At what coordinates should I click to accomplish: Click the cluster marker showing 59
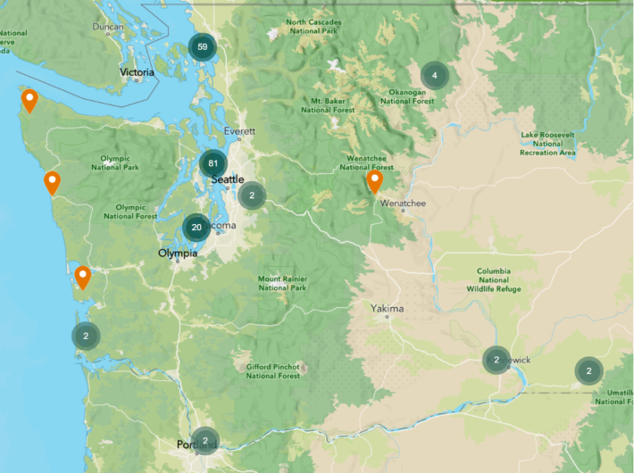tap(203, 46)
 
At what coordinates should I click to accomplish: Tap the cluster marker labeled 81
tap(213, 163)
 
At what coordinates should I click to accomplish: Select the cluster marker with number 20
tap(196, 228)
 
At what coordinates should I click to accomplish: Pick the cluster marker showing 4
tap(435, 75)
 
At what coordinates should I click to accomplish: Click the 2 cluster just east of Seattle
tap(252, 195)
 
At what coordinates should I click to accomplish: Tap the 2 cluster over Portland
tap(205, 440)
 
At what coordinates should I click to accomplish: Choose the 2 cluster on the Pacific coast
tap(86, 336)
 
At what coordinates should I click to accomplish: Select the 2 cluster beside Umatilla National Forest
tap(588, 369)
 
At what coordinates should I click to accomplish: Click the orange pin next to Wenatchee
tap(375, 181)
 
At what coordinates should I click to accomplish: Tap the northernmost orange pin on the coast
tap(29, 99)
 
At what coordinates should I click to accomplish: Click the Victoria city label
tap(138, 72)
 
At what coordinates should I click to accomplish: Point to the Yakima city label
tap(388, 309)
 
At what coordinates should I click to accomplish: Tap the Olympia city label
tap(177, 253)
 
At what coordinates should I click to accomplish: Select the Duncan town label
tap(108, 27)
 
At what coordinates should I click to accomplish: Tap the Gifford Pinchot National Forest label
tap(272, 370)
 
